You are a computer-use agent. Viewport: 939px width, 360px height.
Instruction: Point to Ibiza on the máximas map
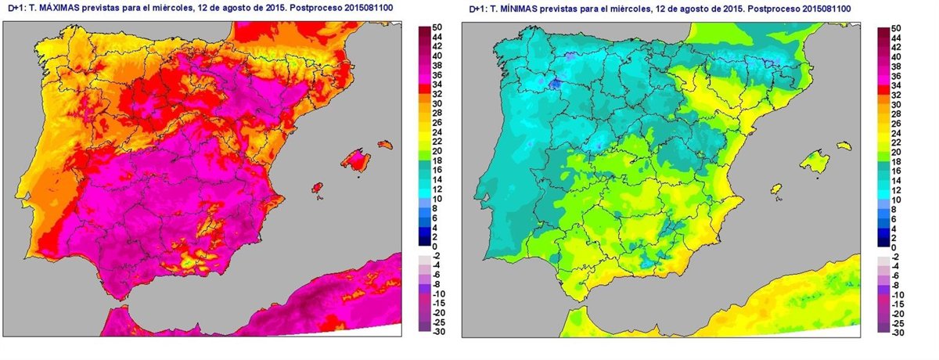318,188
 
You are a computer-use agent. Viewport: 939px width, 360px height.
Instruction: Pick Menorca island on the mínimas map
844,145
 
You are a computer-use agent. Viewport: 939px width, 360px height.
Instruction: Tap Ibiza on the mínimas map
777,189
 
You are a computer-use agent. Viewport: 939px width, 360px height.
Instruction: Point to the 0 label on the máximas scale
437,246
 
